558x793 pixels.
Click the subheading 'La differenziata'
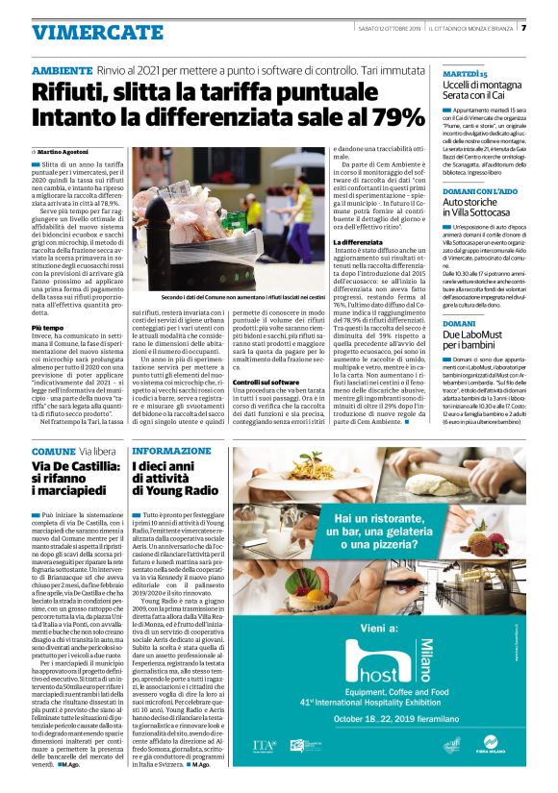point(355,240)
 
